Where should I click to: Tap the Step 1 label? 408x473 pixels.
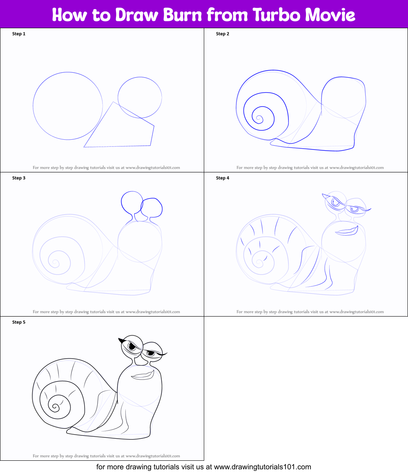19,34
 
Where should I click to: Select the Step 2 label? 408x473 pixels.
223,34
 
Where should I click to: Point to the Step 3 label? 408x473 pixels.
19,178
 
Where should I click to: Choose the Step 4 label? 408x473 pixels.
223,178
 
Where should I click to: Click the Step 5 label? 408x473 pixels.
19,322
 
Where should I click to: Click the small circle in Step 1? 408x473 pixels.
140,97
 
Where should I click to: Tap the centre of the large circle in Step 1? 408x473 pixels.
68,106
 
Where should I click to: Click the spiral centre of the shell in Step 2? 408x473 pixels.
259,118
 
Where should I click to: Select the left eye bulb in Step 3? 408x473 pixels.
130,202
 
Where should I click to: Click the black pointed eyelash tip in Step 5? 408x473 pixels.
121,340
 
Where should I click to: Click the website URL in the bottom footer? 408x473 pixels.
262,466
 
